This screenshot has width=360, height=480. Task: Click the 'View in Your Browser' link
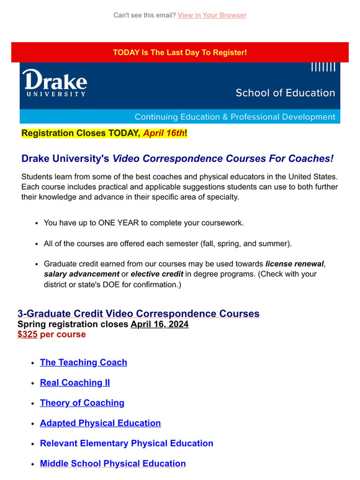tap(212, 15)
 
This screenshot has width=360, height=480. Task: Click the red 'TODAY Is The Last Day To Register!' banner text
tap(180, 53)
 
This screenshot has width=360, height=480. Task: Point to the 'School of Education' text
tap(285, 93)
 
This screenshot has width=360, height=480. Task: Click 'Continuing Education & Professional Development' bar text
tap(235, 117)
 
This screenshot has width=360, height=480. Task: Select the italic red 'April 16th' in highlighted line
tap(164, 133)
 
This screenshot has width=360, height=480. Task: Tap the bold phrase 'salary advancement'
tap(81, 274)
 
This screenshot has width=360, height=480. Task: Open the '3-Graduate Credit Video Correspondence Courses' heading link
tap(138, 314)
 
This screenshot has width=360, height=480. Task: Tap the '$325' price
tap(27, 334)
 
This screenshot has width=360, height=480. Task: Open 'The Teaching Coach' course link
tap(83, 362)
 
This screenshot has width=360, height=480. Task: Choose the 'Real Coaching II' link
tap(74, 383)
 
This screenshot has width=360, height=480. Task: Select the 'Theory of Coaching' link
tap(82, 403)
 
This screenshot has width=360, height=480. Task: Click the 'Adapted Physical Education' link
tap(100, 423)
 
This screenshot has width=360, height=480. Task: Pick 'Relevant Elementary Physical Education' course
tap(127, 443)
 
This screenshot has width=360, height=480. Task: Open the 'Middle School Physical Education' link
tap(112, 463)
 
